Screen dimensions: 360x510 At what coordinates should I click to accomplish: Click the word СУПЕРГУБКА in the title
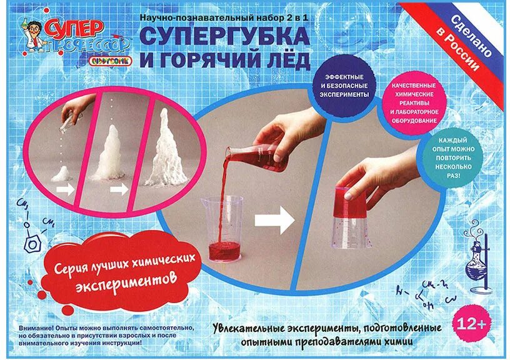point(224,36)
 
